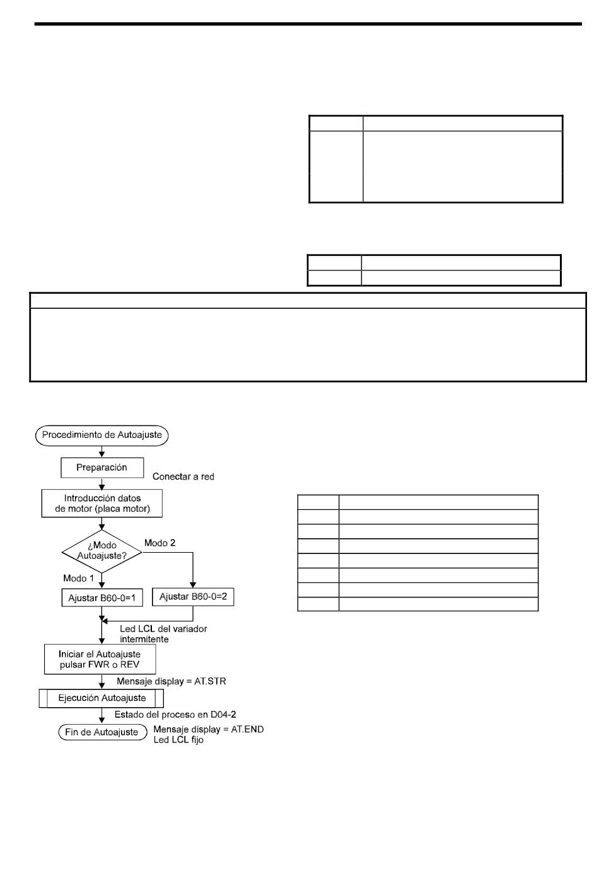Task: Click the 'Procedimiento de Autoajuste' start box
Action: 102,435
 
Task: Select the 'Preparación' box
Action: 102,468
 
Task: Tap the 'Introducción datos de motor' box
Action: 102,503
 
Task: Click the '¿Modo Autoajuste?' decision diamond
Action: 102,551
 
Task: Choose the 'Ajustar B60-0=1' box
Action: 102,597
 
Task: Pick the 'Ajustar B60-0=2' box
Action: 193,597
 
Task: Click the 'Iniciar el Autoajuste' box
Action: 100,659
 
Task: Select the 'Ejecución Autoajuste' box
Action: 102,698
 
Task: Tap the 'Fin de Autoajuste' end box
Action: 102,732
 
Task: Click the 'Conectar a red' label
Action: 183,476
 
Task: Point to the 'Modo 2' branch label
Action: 160,543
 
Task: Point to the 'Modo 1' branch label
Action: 79,579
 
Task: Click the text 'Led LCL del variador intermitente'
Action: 163,634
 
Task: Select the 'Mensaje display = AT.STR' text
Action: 172,681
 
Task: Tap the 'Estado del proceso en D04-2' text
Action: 175,714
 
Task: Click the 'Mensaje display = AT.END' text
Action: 209,729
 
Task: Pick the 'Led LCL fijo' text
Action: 178,740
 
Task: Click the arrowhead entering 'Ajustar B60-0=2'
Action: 193,585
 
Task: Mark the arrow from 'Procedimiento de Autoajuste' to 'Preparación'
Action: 102,452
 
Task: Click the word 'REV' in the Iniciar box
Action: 130,665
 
